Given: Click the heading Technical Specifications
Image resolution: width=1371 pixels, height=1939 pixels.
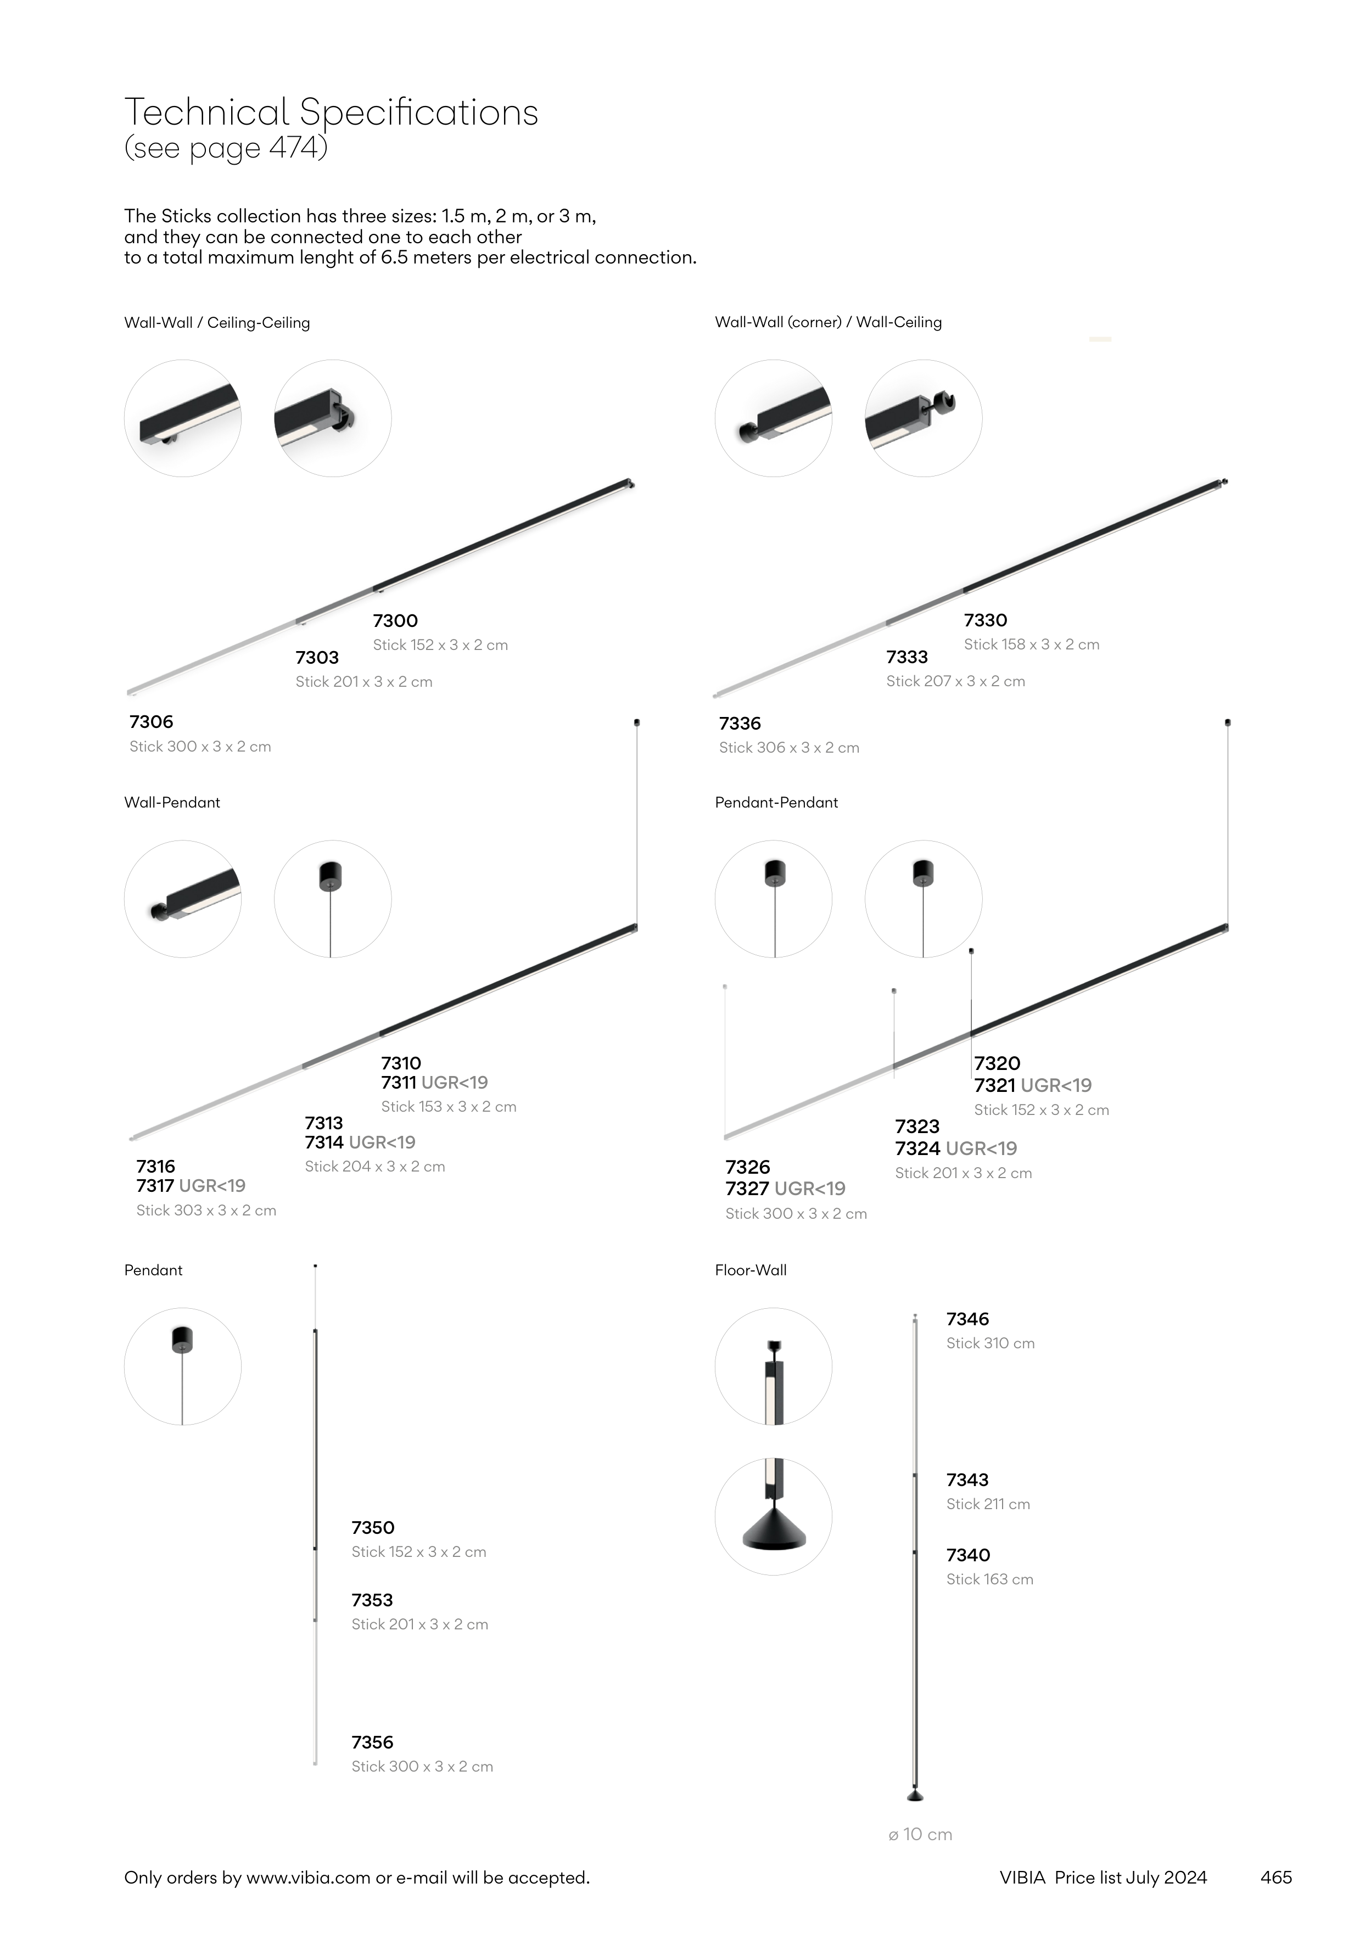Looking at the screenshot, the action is pyautogui.click(x=331, y=113).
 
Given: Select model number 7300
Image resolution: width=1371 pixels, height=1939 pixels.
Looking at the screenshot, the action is pyautogui.click(x=395, y=621).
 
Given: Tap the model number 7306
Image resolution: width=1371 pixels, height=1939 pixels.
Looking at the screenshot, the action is pyautogui.click(x=151, y=722).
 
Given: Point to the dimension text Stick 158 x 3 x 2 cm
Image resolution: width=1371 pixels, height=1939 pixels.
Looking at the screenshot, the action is pyautogui.click(x=1032, y=645).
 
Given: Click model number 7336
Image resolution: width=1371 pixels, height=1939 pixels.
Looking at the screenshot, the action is pyautogui.click(x=740, y=724).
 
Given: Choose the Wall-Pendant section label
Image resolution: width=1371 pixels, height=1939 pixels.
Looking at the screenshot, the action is pyautogui.click(x=172, y=802).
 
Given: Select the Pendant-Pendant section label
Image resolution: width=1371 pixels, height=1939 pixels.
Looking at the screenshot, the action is pyautogui.click(x=776, y=802).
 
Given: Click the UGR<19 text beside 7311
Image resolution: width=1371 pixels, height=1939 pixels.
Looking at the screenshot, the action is pyautogui.click(x=455, y=1083).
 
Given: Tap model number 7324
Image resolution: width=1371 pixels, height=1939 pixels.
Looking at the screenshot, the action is pyautogui.click(x=917, y=1148).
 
